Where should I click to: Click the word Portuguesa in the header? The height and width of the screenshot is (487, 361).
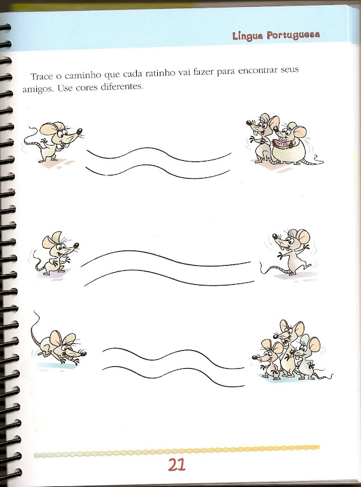click(294, 35)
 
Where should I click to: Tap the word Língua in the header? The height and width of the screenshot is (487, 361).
click(248, 36)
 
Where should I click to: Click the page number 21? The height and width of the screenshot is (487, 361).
click(176, 465)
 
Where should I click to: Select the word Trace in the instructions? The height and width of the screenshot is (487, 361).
click(42, 76)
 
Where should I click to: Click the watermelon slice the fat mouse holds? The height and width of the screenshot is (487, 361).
click(281, 144)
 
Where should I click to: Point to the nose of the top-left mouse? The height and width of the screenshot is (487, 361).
click(80, 131)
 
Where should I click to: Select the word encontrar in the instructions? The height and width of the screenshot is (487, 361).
click(258, 71)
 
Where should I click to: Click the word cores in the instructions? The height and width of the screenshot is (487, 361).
click(87, 88)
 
